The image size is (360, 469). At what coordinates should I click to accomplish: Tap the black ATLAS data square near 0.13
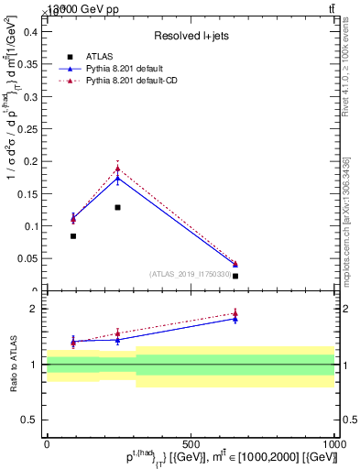click(117, 208)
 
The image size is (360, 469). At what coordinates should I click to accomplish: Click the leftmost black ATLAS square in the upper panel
click(73, 236)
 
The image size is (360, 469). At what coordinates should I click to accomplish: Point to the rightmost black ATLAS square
click(235, 276)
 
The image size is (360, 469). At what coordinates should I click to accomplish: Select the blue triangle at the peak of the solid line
click(117, 179)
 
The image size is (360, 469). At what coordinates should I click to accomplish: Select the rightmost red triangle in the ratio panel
click(235, 313)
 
